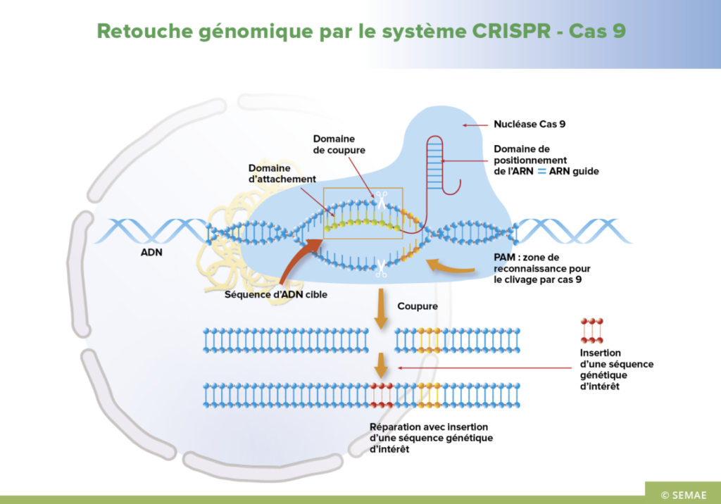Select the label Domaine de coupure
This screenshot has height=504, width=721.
coord(334,144)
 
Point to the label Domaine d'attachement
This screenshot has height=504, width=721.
coord(282,174)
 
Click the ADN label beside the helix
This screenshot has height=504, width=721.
coord(153,251)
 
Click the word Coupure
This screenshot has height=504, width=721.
coord(418,306)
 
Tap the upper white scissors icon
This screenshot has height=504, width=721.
coord(381,201)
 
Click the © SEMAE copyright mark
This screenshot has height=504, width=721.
coord(682,492)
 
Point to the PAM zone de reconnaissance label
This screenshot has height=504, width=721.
coord(541,269)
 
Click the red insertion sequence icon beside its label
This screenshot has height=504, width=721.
coord(592,330)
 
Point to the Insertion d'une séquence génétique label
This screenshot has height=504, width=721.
coord(616,370)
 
